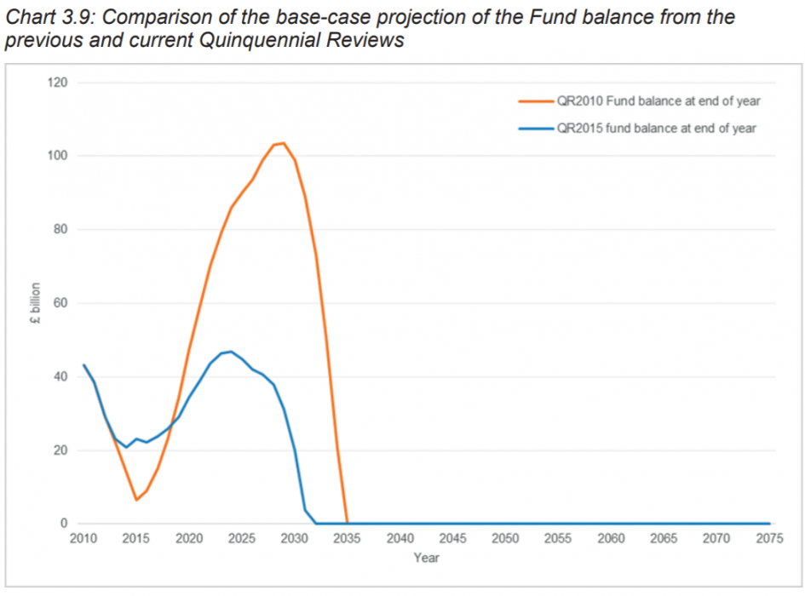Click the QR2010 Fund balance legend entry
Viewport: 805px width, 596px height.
[658, 101]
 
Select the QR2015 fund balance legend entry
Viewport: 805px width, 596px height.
[655, 129]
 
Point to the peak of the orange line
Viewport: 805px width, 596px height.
[284, 143]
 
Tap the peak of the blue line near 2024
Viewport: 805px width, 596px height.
[231, 351]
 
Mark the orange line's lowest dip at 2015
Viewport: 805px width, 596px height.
[136, 500]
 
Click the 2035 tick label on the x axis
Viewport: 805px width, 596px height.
[347, 539]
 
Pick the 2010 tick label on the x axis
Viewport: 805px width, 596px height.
[83, 539]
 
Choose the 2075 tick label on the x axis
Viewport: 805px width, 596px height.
[769, 539]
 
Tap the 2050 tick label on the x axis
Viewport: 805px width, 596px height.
[505, 539]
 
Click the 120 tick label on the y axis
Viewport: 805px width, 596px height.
[59, 83]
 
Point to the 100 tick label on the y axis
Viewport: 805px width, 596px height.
[59, 156]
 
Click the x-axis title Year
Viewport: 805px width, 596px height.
[426, 558]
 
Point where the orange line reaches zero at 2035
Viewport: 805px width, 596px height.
[347, 524]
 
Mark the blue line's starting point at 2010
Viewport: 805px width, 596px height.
[83, 364]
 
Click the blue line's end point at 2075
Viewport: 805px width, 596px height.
[769, 524]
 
